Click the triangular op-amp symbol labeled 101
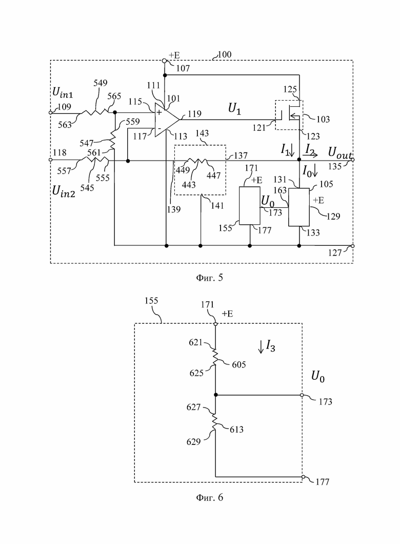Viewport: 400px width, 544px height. pyautogui.click(x=166, y=120)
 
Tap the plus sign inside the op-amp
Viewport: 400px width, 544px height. pyautogui.click(x=159, y=112)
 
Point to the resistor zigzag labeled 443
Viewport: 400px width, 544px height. pyautogui.click(x=197, y=161)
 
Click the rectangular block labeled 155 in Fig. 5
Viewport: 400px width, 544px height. pyautogui.click(x=250, y=206)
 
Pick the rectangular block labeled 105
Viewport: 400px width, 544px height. pyautogui.click(x=299, y=207)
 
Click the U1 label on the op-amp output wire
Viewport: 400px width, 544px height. pyautogui.click(x=234, y=109)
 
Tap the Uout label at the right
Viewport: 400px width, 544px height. pyautogui.click(x=339, y=152)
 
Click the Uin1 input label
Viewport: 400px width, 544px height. pyautogui.click(x=63, y=92)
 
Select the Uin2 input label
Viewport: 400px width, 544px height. pyautogui.click(x=64, y=191)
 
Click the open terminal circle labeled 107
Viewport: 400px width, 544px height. pyautogui.click(x=165, y=61)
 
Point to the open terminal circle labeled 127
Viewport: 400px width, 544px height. pyautogui.click(x=352, y=246)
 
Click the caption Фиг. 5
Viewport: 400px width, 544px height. pyautogui.click(x=209, y=278)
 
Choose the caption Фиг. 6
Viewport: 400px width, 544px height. pyautogui.click(x=209, y=497)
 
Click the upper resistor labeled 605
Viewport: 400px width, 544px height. pyautogui.click(x=215, y=357)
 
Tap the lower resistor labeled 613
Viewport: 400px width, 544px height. pyautogui.click(x=215, y=421)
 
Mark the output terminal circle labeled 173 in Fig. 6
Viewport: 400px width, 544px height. pyautogui.click(x=302, y=395)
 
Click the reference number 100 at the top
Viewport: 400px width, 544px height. pyautogui.click(x=224, y=54)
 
